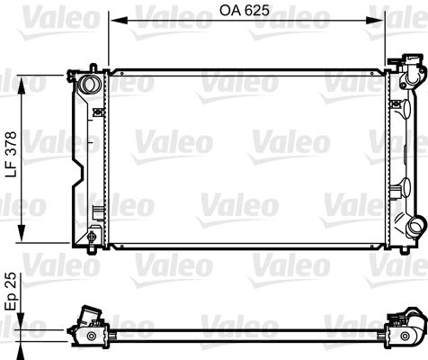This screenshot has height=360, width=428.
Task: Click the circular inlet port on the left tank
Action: (89, 85)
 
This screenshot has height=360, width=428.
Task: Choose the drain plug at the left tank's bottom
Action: (92, 237)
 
